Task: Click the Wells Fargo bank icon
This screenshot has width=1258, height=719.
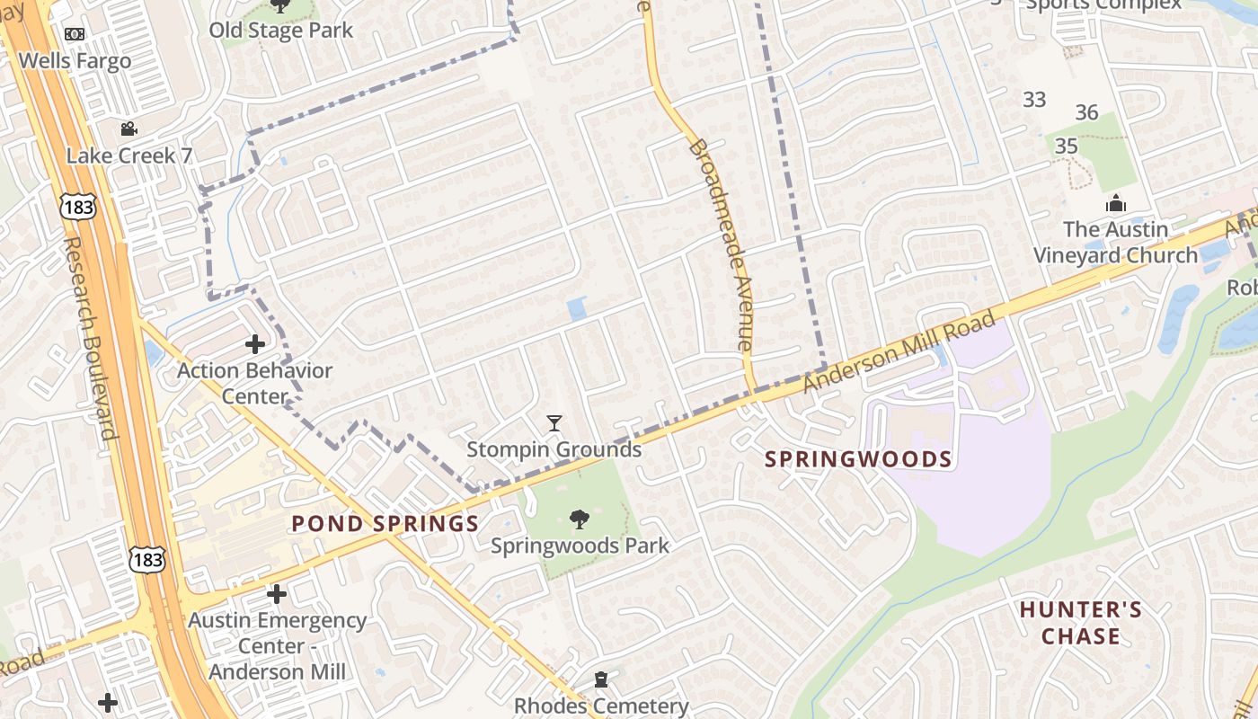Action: pyautogui.click(x=75, y=34)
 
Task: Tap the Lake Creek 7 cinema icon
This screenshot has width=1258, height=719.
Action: pyautogui.click(x=128, y=129)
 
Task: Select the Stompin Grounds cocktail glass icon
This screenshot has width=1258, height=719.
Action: pyautogui.click(x=554, y=422)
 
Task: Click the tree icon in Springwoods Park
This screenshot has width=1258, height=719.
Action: pyautogui.click(x=580, y=519)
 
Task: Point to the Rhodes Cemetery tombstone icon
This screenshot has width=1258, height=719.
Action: pyautogui.click(x=601, y=679)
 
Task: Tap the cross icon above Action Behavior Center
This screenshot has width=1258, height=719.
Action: pyautogui.click(x=255, y=343)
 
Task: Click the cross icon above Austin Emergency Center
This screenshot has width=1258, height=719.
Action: pyautogui.click(x=277, y=593)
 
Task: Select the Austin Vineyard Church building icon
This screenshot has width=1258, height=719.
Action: pyautogui.click(x=1115, y=203)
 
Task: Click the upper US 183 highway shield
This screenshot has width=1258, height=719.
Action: pyautogui.click(x=78, y=206)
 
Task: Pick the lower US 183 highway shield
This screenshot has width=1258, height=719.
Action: pyautogui.click(x=146, y=559)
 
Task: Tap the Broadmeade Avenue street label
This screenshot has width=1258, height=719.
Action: pyautogui.click(x=721, y=243)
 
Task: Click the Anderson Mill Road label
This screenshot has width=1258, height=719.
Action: pyautogui.click(x=899, y=351)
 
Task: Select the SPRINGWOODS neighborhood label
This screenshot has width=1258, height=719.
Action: pyautogui.click(x=858, y=459)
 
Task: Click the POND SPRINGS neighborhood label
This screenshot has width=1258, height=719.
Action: pyautogui.click(x=385, y=524)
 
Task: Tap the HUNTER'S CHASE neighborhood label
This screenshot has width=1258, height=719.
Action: pyautogui.click(x=1081, y=623)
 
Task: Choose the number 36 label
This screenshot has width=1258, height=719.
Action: pyautogui.click(x=1087, y=112)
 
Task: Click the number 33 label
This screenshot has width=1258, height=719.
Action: pyautogui.click(x=1034, y=100)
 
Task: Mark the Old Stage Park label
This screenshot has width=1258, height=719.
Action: pyautogui.click(x=281, y=31)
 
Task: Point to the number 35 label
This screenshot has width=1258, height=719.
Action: pyautogui.click(x=1067, y=146)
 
